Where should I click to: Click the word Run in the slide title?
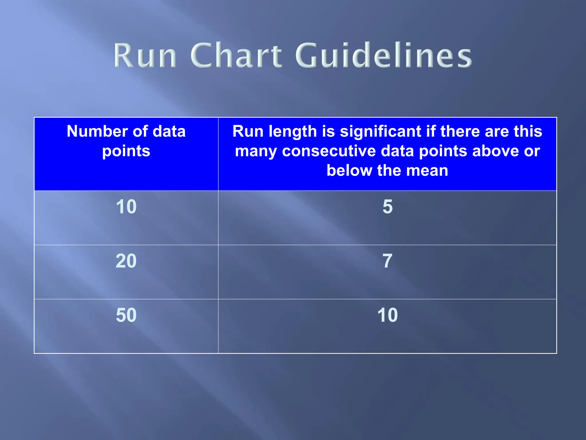click(145, 55)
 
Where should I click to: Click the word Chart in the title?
click(236, 55)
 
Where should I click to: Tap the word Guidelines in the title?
click(383, 55)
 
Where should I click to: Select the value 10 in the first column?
click(126, 207)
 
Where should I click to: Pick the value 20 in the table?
click(126, 261)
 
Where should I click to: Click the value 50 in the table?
click(126, 315)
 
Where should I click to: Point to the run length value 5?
click(387, 207)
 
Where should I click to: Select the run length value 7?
click(387, 261)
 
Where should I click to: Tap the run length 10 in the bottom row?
click(387, 315)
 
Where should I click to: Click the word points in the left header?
click(126, 152)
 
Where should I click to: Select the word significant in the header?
click(381, 131)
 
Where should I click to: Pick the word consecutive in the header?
click(329, 151)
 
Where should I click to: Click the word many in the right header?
click(256, 152)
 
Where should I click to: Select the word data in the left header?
click(169, 131)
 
